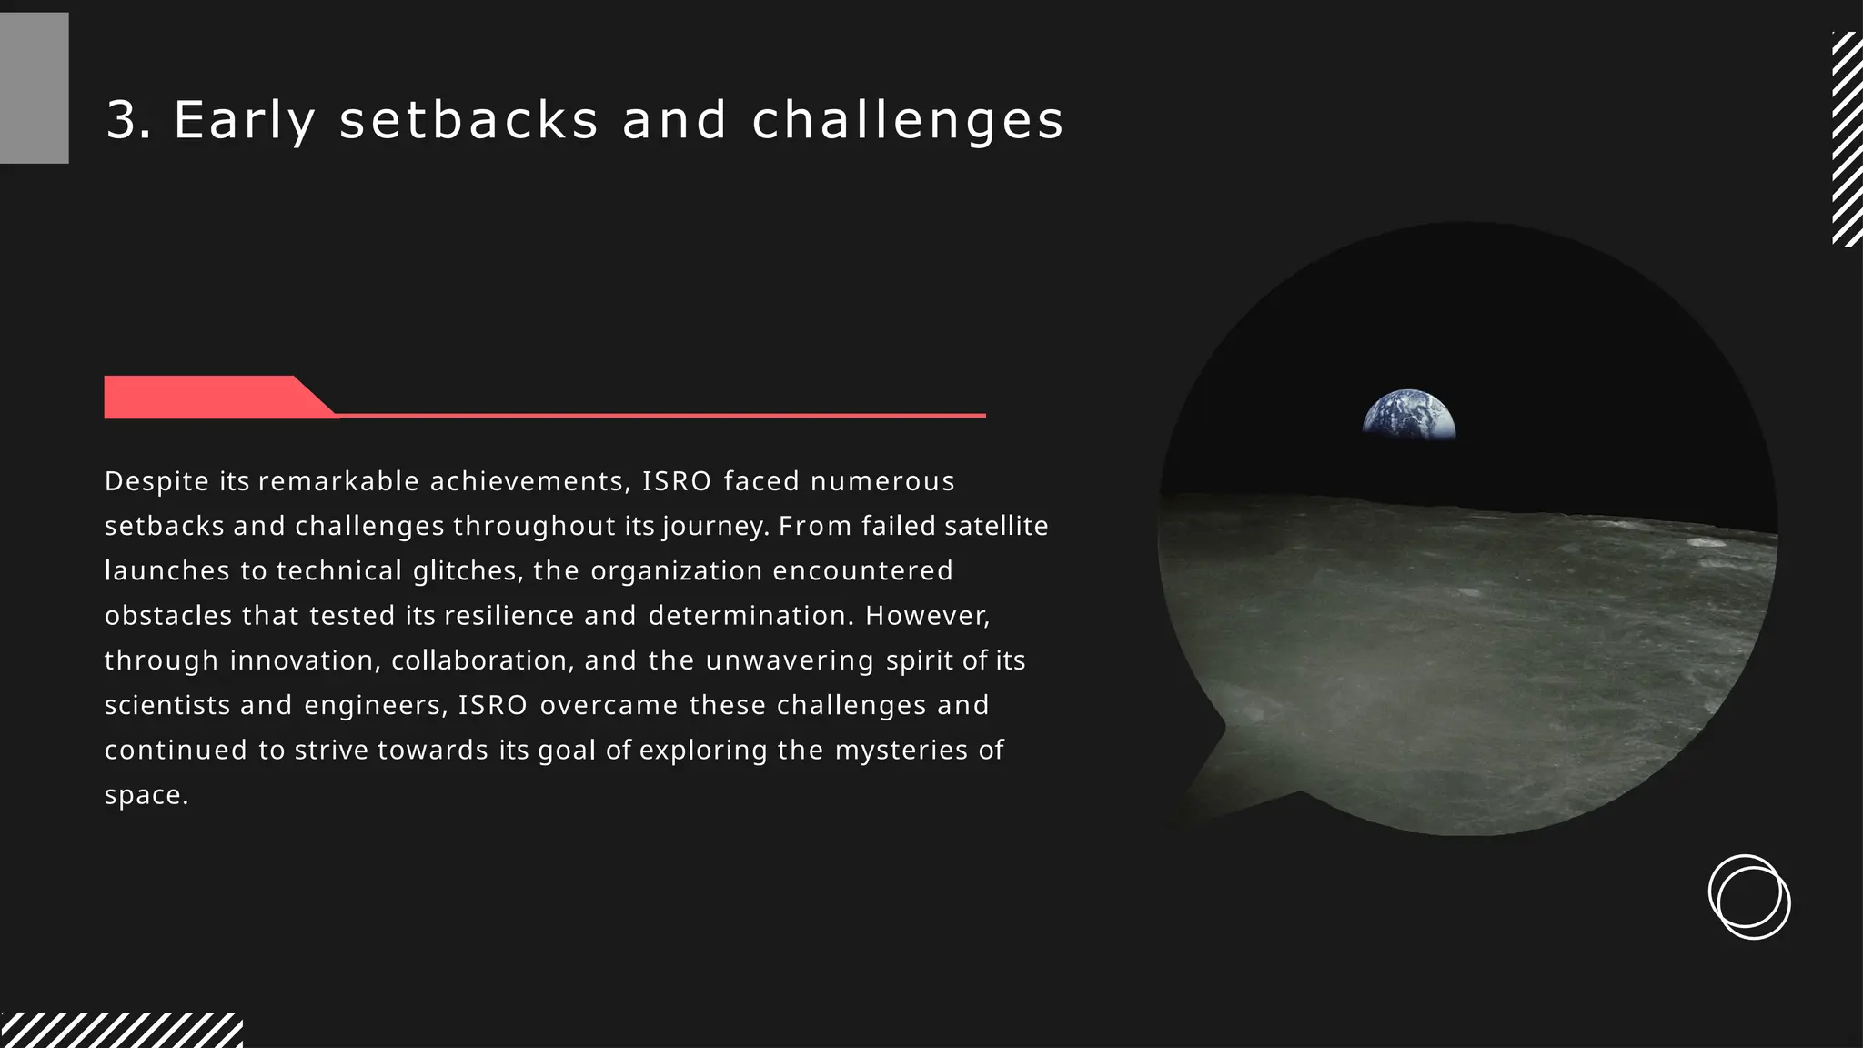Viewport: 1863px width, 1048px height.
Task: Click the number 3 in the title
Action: point(125,120)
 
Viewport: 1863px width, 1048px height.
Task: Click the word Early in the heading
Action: point(244,121)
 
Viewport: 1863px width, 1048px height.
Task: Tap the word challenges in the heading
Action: point(907,121)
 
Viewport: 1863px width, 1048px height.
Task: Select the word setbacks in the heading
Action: point(468,120)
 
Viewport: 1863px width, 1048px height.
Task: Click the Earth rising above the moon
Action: point(1408,417)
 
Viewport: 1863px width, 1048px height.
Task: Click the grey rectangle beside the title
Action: point(34,88)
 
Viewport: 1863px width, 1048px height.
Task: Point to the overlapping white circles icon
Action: point(1748,897)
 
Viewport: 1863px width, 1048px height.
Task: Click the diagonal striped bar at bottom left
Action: point(121,1030)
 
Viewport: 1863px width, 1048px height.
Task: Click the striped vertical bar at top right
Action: point(1847,138)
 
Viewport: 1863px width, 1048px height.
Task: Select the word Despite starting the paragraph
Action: point(156,481)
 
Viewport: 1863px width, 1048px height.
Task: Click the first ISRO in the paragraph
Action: point(676,481)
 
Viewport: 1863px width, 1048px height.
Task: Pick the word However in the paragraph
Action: point(926,616)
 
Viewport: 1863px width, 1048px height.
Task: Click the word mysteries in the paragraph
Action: point(901,751)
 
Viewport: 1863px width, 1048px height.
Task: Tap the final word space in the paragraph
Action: point(145,796)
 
